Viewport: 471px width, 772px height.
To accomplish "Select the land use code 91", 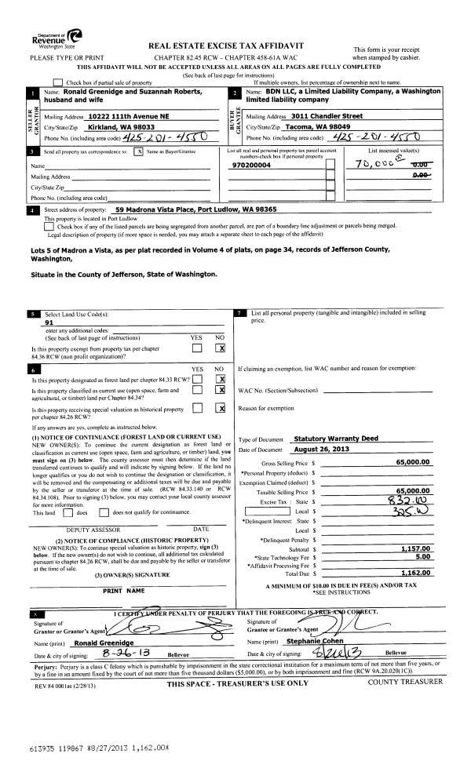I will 50,322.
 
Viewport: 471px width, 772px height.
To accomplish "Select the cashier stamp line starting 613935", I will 87,748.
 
